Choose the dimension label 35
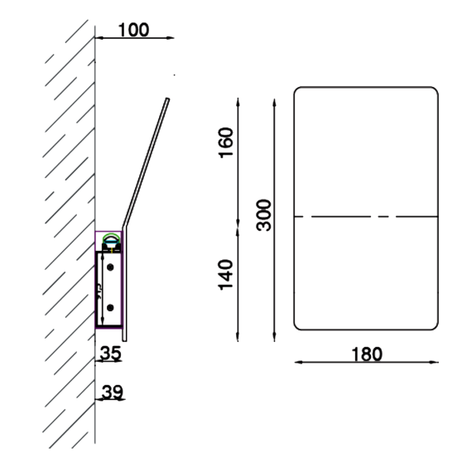110,353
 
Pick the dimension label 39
110,392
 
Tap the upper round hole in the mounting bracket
108,267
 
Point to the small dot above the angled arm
174,76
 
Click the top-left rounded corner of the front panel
299,90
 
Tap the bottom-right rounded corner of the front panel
431,322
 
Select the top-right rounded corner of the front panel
431,90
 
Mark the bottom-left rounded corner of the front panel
299,322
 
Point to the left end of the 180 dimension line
294,362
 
